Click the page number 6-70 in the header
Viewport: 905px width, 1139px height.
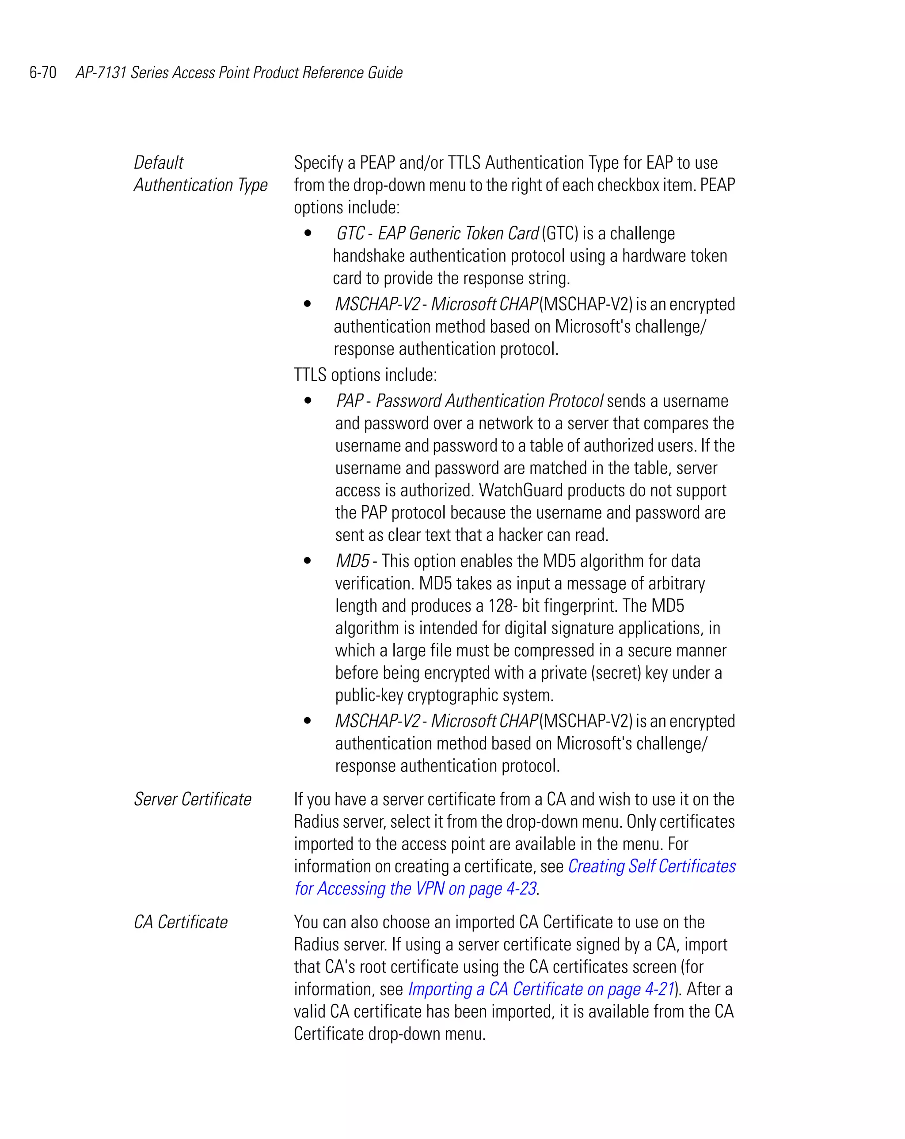pos(43,72)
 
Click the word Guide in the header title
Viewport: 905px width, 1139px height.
pos(385,72)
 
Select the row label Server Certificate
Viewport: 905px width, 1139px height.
pos(192,799)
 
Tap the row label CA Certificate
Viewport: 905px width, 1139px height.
pos(180,922)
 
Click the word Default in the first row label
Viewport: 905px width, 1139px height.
pos(159,163)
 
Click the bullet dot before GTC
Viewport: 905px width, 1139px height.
pos(308,233)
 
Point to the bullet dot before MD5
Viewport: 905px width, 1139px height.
pos(308,560)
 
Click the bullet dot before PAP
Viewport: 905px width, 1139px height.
pos(308,401)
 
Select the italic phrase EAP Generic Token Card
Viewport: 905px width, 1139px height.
pos(458,234)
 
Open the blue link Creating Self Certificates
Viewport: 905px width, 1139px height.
pos(651,867)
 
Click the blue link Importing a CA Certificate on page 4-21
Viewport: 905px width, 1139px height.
pos(541,989)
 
